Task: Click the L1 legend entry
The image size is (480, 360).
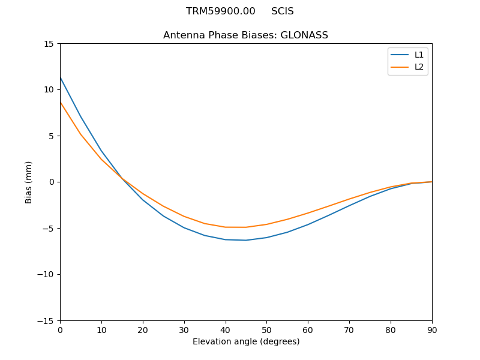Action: [x=419, y=55]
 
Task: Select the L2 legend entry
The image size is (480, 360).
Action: [x=419, y=67]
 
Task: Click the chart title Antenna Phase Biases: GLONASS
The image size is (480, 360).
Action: [x=245, y=35]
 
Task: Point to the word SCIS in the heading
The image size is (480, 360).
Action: [x=282, y=11]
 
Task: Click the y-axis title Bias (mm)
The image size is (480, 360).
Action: [x=29, y=182]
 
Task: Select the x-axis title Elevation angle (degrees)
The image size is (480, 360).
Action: [x=246, y=341]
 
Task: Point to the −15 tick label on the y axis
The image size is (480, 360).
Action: [x=46, y=320]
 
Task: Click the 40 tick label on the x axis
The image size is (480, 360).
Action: [x=225, y=329]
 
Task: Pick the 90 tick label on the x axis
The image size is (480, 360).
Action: [x=431, y=329]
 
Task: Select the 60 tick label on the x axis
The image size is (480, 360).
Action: [x=308, y=329]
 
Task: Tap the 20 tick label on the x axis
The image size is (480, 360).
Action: [x=143, y=329]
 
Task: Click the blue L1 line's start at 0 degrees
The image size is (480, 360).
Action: [x=61, y=77]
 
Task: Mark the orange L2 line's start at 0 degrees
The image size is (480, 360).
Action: [x=61, y=102]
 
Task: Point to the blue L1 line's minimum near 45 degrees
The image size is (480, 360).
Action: [x=246, y=240]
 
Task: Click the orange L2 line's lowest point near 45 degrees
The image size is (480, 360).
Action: [x=245, y=227]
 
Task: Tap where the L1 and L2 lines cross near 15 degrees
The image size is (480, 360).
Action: [x=122, y=179]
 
